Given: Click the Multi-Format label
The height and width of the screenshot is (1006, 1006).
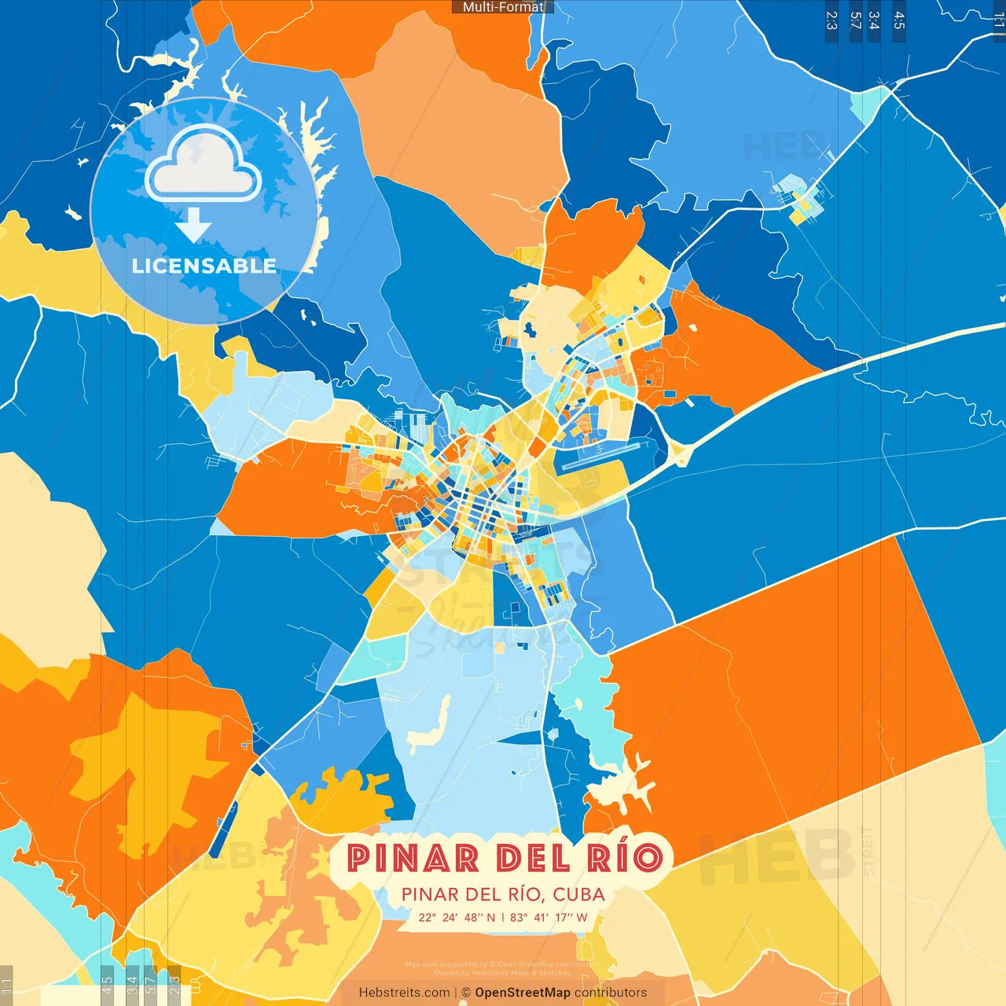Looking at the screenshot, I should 503,7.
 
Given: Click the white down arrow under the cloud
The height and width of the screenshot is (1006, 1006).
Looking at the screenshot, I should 193,224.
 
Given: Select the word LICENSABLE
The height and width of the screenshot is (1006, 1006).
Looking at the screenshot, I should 204,266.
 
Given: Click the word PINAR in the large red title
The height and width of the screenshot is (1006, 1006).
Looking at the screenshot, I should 413,857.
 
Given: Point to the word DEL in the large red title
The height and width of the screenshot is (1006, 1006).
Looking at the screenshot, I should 533,857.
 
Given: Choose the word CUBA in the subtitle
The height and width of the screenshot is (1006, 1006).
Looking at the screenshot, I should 578,894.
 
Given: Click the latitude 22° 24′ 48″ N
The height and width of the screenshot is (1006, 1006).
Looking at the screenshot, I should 457,917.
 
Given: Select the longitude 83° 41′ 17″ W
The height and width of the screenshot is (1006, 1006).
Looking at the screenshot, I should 549,917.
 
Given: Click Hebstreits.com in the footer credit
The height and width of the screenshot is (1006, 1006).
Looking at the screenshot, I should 404,993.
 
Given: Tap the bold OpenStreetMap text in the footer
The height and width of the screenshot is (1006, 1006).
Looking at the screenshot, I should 522,993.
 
